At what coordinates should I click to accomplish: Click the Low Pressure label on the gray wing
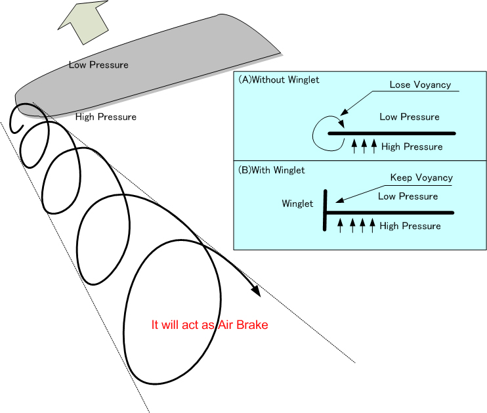pos(98,65)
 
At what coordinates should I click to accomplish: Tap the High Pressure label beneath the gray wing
pos(106,117)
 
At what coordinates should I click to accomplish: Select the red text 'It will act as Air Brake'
pos(209,325)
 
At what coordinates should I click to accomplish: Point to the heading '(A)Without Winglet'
pos(279,80)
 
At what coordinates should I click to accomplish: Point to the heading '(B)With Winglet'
pos(272,169)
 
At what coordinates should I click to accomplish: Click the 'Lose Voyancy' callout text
pos(419,85)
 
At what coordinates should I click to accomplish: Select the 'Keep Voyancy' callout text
pos(421,177)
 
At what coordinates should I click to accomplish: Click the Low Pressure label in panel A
pos(410,117)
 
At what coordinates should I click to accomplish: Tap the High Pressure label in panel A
pos(412,146)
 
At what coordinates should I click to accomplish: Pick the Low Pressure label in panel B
pos(408,196)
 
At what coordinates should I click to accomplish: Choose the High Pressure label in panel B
pos(410,226)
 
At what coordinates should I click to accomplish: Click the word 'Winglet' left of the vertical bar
pos(297,204)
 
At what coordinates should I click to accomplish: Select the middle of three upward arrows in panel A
pos(364,146)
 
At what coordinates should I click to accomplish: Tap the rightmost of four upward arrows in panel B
pos(372,226)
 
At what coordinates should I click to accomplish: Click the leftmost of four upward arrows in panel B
pos(340,226)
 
